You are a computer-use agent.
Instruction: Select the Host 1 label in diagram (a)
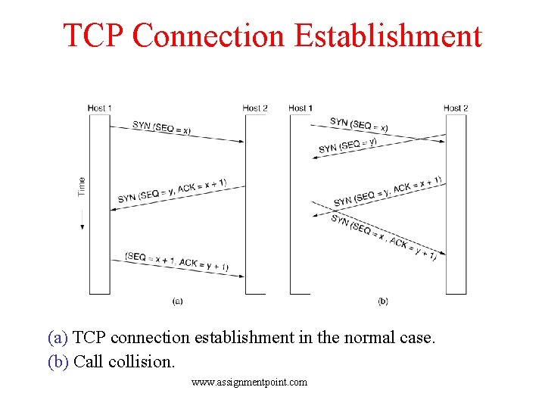point(99,108)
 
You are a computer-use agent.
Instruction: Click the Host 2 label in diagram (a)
point(255,108)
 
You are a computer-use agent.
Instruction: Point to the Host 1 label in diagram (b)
point(301,108)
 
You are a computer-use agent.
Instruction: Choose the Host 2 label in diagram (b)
point(456,108)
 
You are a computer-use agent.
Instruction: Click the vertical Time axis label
point(82,186)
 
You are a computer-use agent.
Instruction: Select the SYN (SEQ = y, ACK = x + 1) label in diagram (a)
point(172,191)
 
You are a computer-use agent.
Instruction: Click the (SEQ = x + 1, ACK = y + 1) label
point(176,261)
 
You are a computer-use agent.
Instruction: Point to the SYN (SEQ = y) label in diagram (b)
point(347,144)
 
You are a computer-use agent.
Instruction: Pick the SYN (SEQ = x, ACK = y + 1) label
point(383,237)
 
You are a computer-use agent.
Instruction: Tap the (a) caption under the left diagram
point(177,301)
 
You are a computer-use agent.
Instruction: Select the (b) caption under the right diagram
point(383,301)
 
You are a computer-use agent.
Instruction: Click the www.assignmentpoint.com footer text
point(250,382)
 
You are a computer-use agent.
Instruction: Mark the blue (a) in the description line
point(58,337)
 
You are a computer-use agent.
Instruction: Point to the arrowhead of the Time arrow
point(82,226)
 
